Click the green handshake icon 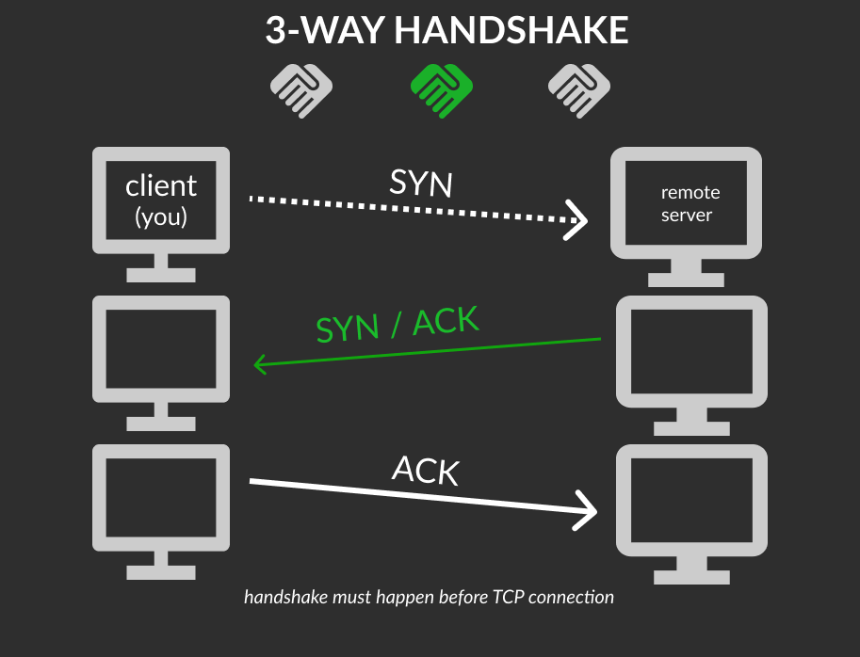pyautogui.click(x=442, y=90)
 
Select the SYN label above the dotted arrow pyautogui.click(x=421, y=183)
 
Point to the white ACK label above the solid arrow pyautogui.click(x=426, y=470)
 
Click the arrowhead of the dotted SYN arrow pyautogui.click(x=576, y=219)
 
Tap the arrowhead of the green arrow pyautogui.click(x=261, y=364)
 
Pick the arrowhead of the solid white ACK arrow pyautogui.click(x=586, y=511)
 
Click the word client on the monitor pyautogui.click(x=161, y=185)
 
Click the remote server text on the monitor pyautogui.click(x=690, y=203)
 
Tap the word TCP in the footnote pyautogui.click(x=509, y=597)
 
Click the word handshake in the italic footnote pyautogui.click(x=285, y=597)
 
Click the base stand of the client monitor pyautogui.click(x=161, y=275)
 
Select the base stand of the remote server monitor pyautogui.click(x=686, y=280)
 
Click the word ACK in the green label pyautogui.click(x=446, y=321)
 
